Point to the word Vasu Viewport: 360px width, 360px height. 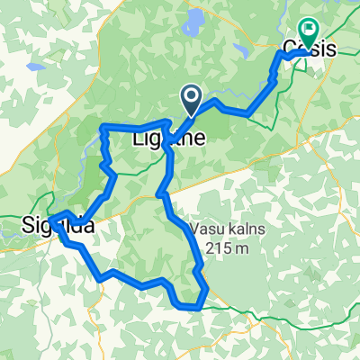click(x=205, y=228)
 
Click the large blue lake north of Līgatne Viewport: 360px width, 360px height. click(x=193, y=23)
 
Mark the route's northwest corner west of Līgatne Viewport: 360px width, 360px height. click(x=103, y=127)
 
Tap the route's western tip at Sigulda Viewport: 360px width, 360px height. click(x=51, y=218)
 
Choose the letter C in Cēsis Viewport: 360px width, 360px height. click(x=289, y=50)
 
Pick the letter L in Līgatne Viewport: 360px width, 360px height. click(x=138, y=139)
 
